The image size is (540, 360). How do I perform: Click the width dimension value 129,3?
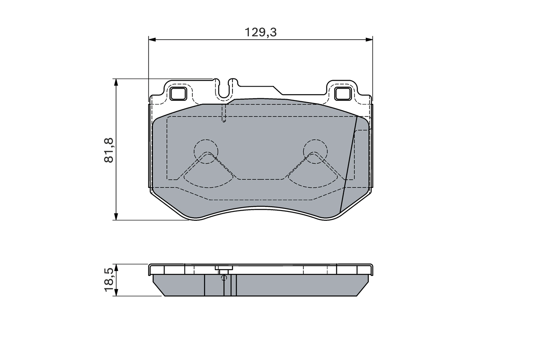pyautogui.click(x=261, y=32)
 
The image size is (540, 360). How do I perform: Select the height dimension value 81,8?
pyautogui.click(x=109, y=150)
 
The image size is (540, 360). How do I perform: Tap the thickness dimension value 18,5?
pyautogui.click(x=109, y=279)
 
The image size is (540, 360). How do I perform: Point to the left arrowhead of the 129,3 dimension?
pyautogui.click(x=152, y=40)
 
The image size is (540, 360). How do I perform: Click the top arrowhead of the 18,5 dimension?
pyautogui.click(x=116, y=268)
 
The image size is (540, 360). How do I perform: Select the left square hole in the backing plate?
pyautogui.click(x=178, y=93)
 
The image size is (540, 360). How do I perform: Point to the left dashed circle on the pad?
pyautogui.click(x=206, y=150)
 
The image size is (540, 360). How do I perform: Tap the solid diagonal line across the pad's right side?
pyautogui.click(x=349, y=165)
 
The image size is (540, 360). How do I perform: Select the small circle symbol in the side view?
pyautogui.click(x=224, y=277)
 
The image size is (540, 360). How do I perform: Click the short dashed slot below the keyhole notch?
pyautogui.click(x=224, y=113)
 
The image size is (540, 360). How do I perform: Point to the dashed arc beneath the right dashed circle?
pyautogui.click(x=314, y=185)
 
